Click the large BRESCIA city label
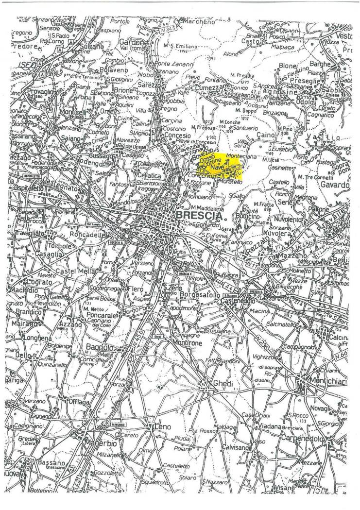[199, 215]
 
